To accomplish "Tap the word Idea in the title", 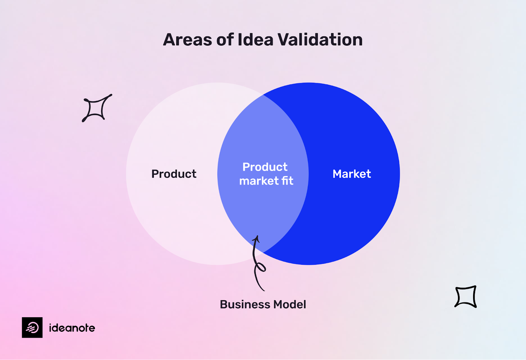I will click(255, 40).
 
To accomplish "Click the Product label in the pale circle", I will click(174, 174).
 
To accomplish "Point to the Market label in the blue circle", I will click(352, 174).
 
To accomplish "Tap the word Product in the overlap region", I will click(265, 167).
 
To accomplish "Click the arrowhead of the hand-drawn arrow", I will click(257, 238).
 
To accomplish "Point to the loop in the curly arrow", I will click(260, 267).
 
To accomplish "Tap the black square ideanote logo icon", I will click(32, 327).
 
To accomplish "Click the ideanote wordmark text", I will click(72, 328).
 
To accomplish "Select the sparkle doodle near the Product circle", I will click(96, 108).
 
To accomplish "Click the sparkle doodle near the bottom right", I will click(466, 297).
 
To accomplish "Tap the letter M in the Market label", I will click(338, 174).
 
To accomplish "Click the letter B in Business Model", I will click(224, 304).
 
